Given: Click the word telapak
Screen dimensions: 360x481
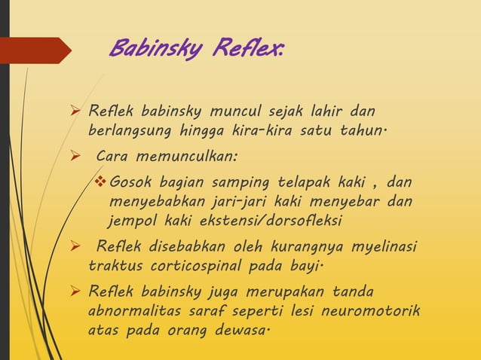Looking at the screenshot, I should (x=286, y=184).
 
